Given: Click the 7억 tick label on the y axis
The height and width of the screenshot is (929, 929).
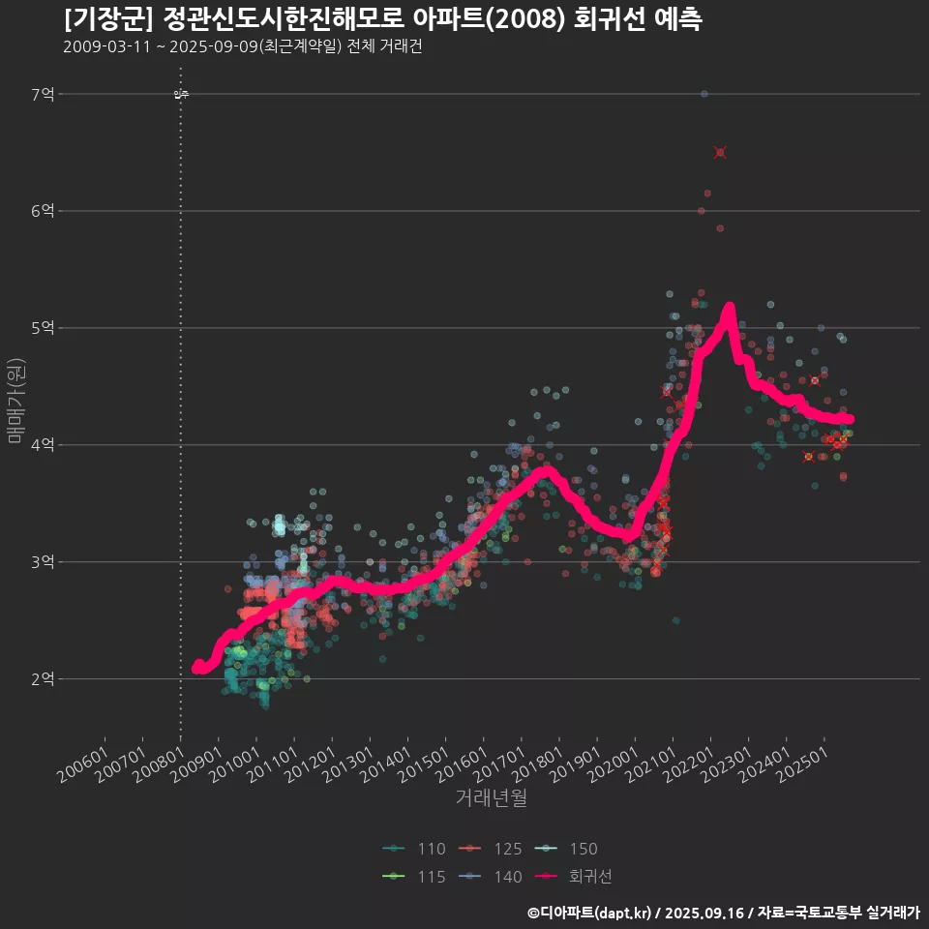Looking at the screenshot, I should (x=43, y=94).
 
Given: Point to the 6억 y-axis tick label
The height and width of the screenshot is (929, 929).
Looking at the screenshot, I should (x=43, y=211).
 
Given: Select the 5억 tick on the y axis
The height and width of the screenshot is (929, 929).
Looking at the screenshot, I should (x=43, y=328).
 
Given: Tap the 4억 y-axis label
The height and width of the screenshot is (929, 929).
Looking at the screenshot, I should (x=43, y=445).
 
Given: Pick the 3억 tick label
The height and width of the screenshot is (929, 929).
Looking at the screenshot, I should (x=43, y=562).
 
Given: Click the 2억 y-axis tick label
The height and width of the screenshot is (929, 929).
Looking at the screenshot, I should (x=43, y=679).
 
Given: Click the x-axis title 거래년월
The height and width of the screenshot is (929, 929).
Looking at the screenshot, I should (x=492, y=798).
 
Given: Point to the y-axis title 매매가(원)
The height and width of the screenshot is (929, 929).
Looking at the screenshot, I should (x=15, y=401).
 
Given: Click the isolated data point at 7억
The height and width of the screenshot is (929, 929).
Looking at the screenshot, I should (x=704, y=94).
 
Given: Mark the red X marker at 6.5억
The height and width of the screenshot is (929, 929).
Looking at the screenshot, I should (x=720, y=152).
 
